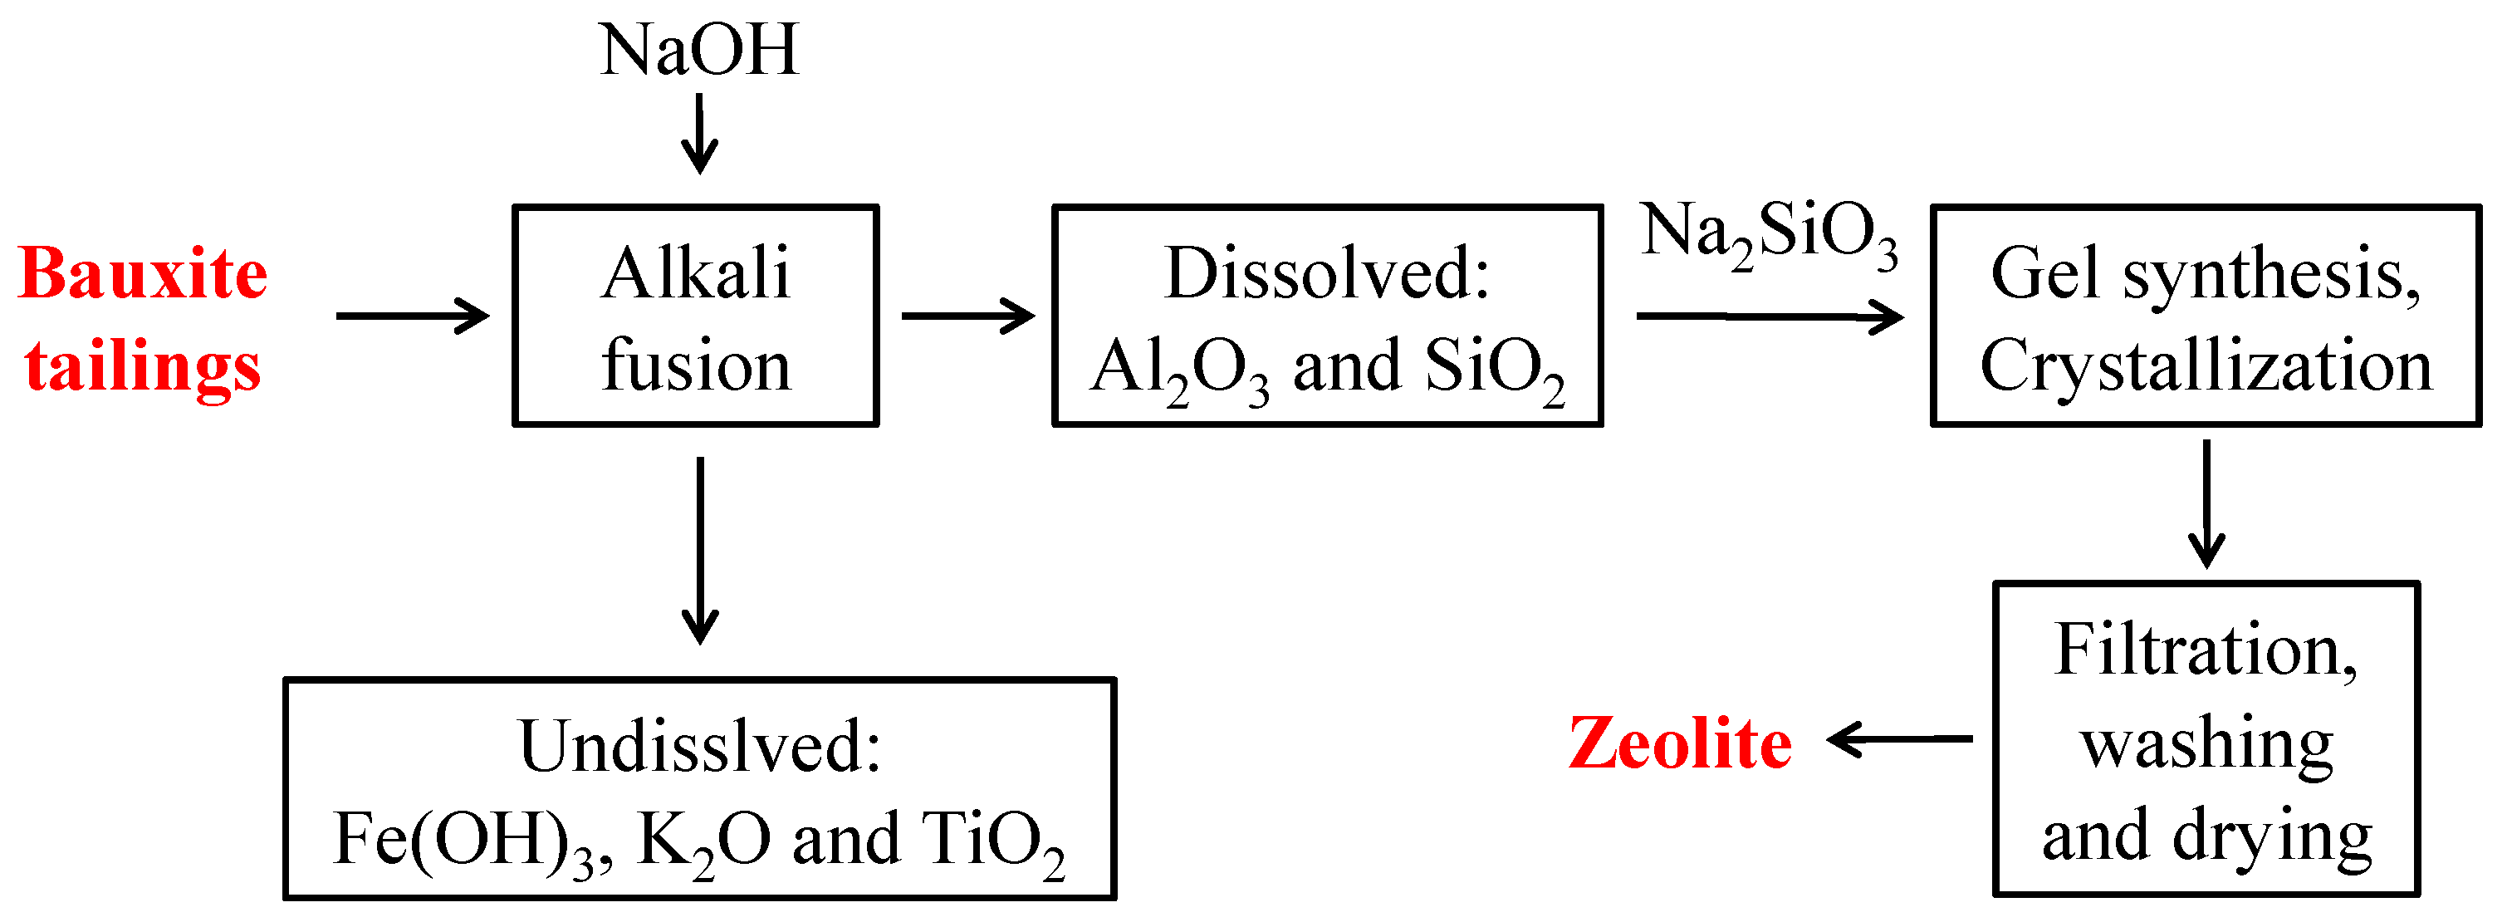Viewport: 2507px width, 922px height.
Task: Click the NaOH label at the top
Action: click(x=698, y=51)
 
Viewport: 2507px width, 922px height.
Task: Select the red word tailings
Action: click(x=142, y=367)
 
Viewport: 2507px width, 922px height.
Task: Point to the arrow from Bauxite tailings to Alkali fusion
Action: click(x=412, y=316)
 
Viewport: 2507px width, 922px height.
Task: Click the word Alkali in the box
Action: click(x=695, y=273)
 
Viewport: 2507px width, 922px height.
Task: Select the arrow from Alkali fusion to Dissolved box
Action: click(x=967, y=316)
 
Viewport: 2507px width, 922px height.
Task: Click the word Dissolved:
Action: click(x=1326, y=273)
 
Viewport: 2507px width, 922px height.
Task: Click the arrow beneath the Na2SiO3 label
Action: click(x=1770, y=316)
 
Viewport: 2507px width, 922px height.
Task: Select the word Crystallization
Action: click(x=2206, y=367)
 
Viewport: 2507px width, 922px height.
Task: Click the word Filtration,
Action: click(x=2206, y=650)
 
